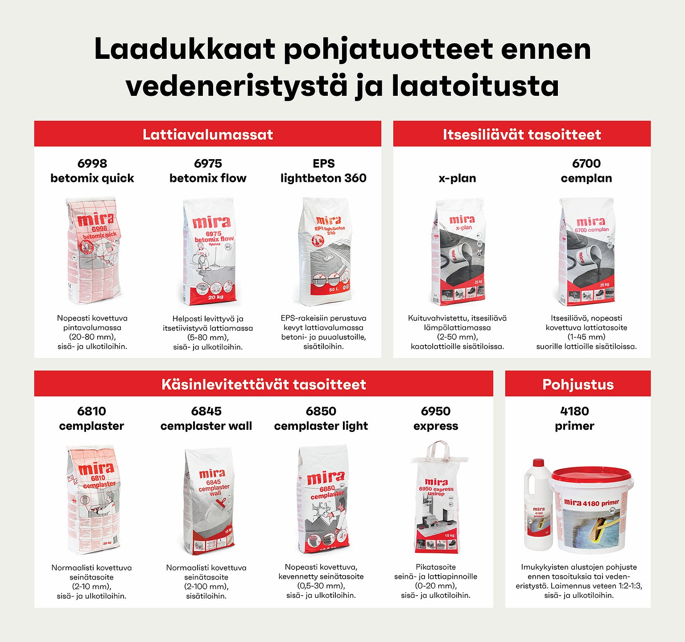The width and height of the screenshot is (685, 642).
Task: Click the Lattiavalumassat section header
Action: pyautogui.click(x=207, y=134)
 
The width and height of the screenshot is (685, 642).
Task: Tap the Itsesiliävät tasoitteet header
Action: pyautogui.click(x=522, y=134)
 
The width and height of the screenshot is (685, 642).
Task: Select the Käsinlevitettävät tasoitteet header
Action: pyautogui.click(x=264, y=384)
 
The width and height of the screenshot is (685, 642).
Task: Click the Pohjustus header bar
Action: pyautogui.click(x=578, y=384)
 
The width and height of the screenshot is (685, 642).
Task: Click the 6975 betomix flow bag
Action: pyautogui.click(x=209, y=252)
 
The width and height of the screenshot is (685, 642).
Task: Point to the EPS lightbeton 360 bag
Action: pyautogui.click(x=325, y=252)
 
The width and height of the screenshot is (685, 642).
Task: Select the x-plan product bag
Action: pyautogui.click(x=459, y=252)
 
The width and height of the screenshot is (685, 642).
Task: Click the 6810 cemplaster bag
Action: pyautogui.click(x=93, y=499)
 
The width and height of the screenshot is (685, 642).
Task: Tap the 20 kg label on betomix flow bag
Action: pyautogui.click(x=216, y=297)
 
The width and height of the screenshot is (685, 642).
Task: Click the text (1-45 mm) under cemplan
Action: pyautogui.click(x=586, y=337)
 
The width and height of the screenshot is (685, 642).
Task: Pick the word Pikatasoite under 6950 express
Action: pyautogui.click(x=436, y=567)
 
